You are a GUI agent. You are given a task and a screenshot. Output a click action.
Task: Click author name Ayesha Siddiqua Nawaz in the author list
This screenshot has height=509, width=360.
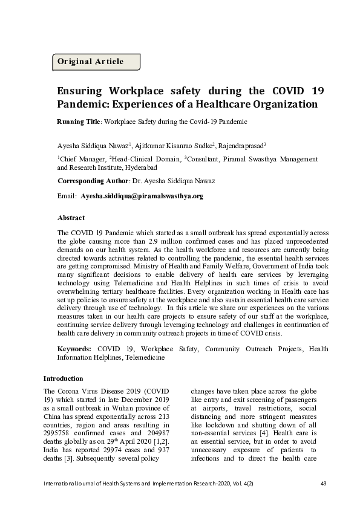(x=92, y=145)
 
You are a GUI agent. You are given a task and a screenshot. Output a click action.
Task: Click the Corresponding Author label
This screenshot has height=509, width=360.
(x=93, y=181)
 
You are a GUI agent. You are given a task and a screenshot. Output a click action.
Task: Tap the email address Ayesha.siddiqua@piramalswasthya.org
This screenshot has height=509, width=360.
(x=142, y=196)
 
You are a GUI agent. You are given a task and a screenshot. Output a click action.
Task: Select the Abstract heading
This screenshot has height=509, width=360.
(x=71, y=218)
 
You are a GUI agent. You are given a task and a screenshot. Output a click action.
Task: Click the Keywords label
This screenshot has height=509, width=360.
(x=74, y=349)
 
